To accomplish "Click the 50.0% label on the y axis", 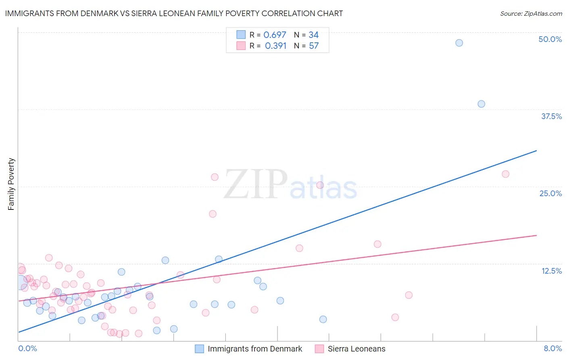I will point(550,39).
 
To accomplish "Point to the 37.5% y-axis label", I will point(551,116).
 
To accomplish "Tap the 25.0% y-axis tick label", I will point(550,193).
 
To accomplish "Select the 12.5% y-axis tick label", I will point(551,271).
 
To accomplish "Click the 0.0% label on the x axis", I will point(28,348).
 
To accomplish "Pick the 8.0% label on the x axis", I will point(552,348).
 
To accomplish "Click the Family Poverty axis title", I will point(11,184).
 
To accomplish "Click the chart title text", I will point(174,13).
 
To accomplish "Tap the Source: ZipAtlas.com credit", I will point(531,13).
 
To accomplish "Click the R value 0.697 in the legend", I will point(275,35).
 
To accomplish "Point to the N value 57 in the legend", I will point(314,46).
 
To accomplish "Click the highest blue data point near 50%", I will point(459,43).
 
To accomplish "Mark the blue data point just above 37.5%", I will point(481,104).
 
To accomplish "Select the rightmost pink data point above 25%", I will point(505,174).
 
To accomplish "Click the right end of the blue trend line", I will point(536,151).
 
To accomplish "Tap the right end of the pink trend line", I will point(536,235).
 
